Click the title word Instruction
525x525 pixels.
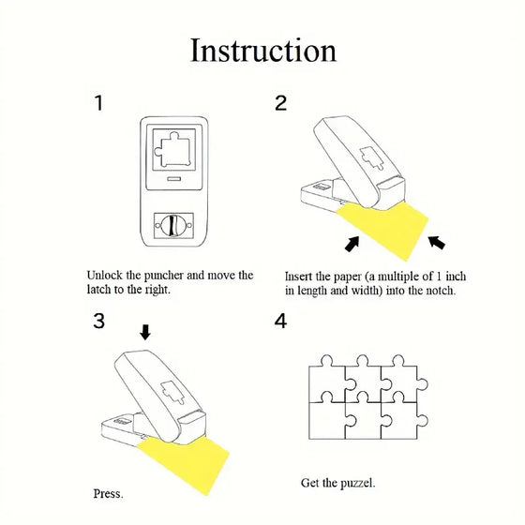click(x=262, y=50)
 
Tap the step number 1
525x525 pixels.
click(x=99, y=103)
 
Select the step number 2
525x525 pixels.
click(x=280, y=103)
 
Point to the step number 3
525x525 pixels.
click(x=99, y=321)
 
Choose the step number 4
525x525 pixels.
click(x=280, y=321)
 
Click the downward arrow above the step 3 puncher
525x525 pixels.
click(x=143, y=332)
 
